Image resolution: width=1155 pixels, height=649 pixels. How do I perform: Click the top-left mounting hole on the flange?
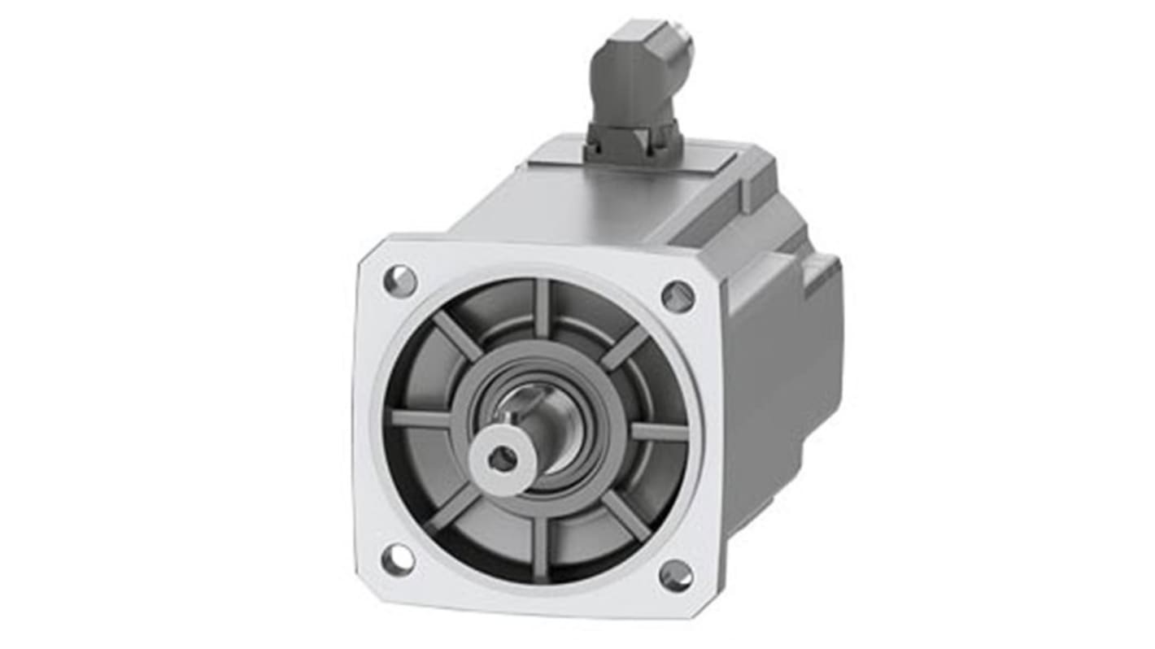point(400,281)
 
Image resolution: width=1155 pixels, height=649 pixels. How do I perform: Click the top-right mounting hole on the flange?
point(678,296)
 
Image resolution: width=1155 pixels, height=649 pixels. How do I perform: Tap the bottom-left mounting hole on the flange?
point(398,560)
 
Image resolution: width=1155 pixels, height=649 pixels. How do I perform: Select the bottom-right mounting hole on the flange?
point(676,576)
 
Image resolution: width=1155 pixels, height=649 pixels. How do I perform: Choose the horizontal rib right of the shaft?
point(659,432)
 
